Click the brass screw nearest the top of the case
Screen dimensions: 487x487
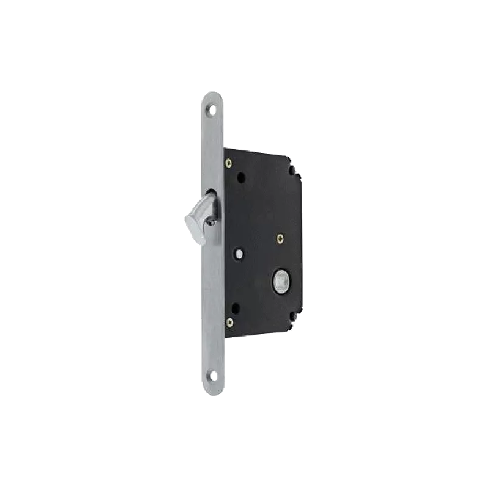click(x=228, y=163)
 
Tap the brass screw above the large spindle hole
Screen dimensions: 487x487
click(x=279, y=238)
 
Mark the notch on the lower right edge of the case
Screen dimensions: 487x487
click(x=293, y=317)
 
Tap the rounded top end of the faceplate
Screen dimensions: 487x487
click(x=211, y=93)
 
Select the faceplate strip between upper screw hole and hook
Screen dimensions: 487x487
click(x=211, y=152)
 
